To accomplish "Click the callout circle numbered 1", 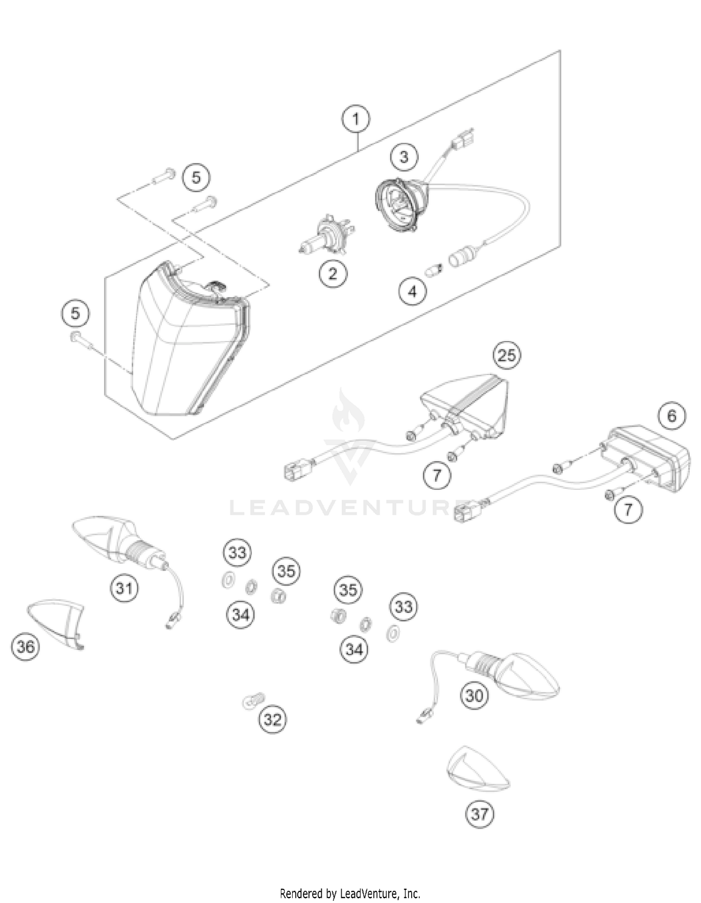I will coord(356,120).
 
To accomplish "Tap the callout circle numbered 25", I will coord(507,356).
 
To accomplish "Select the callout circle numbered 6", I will coord(672,415).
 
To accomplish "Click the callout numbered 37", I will coord(479,814).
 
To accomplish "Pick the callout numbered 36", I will coord(25,647).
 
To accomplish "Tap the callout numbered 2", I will coord(333,274).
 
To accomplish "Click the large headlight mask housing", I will coord(187,346).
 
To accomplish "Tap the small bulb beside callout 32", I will coord(253,701).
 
